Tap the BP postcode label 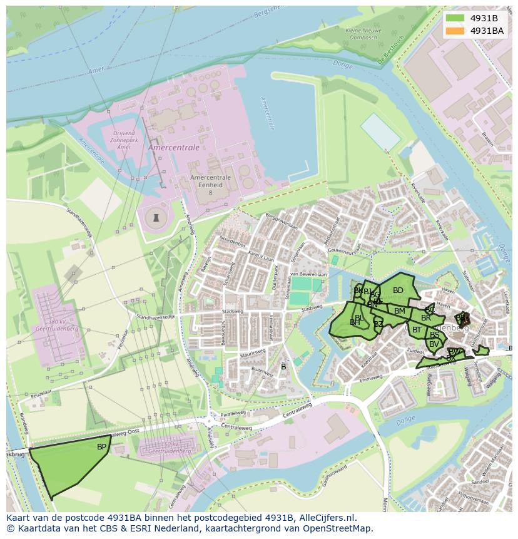tap(101, 447)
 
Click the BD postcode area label tap(398, 290)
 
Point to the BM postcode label tap(400, 311)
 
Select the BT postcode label tap(417, 330)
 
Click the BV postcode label tap(434, 344)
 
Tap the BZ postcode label tap(378, 324)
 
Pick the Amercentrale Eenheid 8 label tap(210, 185)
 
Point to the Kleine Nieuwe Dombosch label tap(362, 34)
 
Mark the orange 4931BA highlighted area tap(463, 319)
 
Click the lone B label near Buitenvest tap(283, 366)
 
